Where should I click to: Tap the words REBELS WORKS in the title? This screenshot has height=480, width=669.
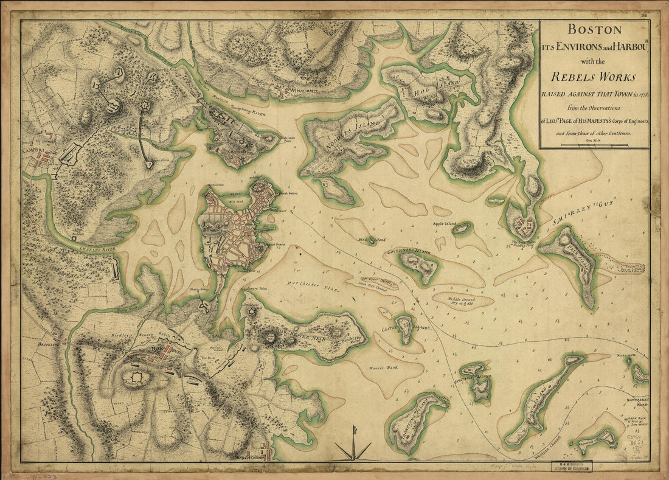coord(594,77)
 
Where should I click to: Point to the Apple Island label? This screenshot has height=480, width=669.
coord(443,224)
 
